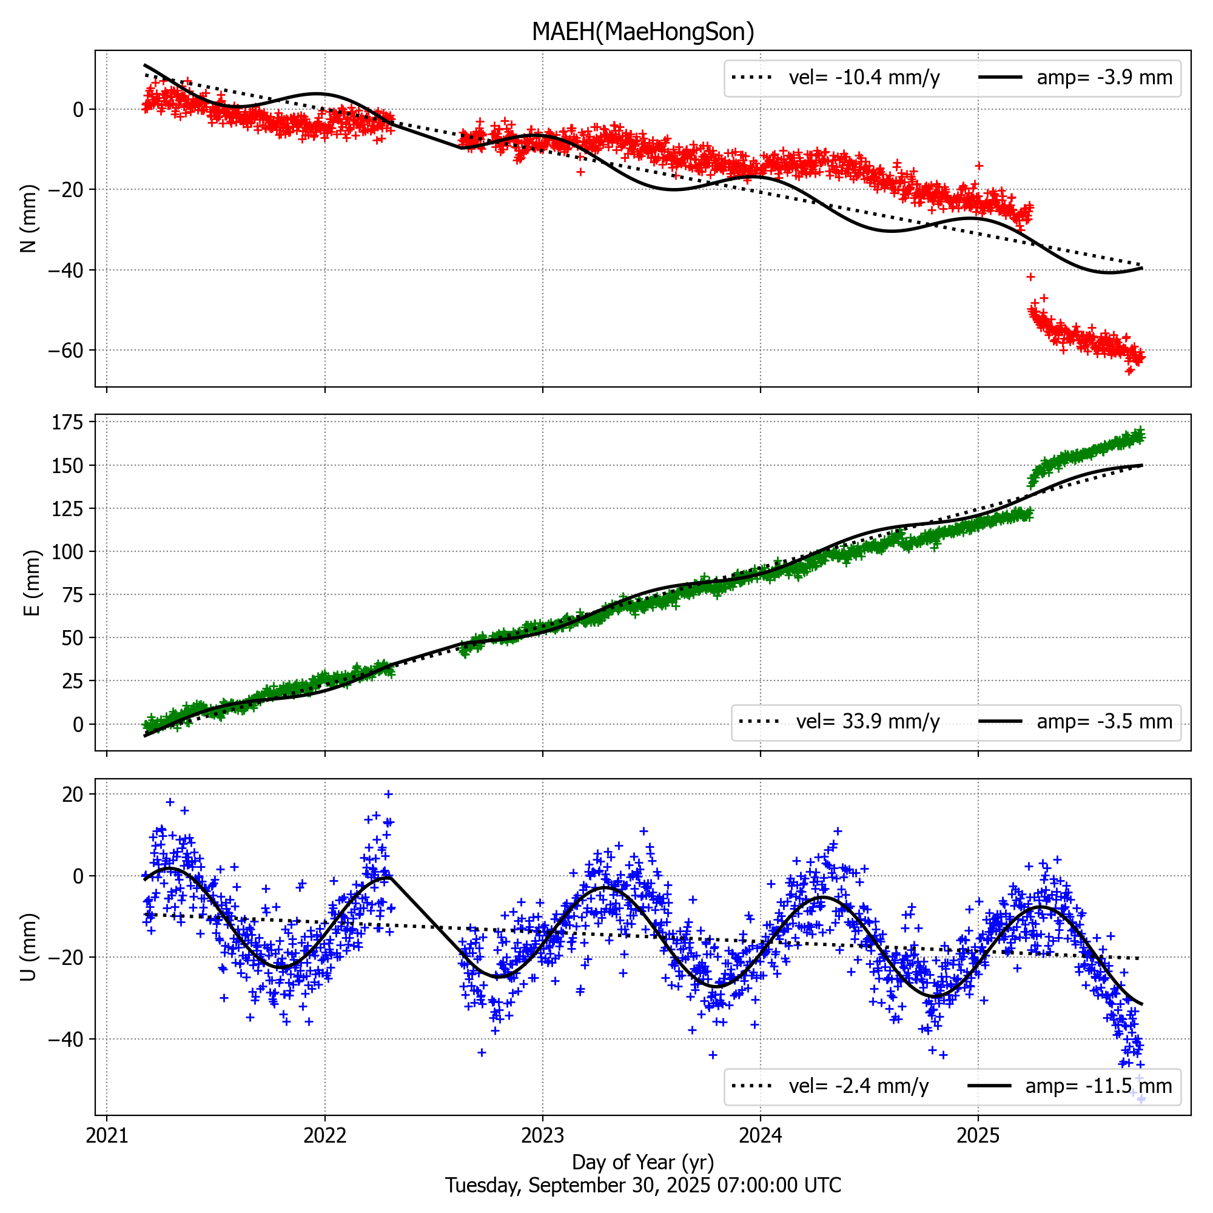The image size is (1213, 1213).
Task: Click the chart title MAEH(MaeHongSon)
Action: (642, 32)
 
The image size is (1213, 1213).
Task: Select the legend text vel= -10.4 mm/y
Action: (864, 78)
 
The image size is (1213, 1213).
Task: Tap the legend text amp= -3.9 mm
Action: (1104, 78)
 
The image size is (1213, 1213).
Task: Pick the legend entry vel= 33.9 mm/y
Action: (867, 722)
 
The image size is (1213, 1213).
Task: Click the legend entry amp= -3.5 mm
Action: (1104, 722)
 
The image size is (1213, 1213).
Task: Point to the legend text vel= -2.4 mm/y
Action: (858, 1086)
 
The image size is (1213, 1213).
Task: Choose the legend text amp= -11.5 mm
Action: (1098, 1086)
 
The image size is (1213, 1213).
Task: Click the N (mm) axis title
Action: (29, 218)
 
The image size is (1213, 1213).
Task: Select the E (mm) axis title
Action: (32, 583)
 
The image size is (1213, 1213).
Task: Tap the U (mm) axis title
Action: (29, 947)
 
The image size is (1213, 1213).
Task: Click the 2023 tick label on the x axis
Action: (542, 1136)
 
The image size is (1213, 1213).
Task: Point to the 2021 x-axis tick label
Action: (107, 1136)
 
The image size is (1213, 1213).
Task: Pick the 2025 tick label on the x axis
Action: (978, 1136)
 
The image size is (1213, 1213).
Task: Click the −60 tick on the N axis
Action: (66, 351)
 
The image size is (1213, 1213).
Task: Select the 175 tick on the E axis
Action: (69, 423)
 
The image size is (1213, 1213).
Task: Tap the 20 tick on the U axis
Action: (73, 795)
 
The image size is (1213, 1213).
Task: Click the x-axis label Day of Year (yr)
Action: (642, 1162)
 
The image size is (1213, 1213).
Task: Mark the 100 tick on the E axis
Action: (69, 552)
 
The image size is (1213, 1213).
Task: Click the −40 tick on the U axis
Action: (66, 1039)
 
